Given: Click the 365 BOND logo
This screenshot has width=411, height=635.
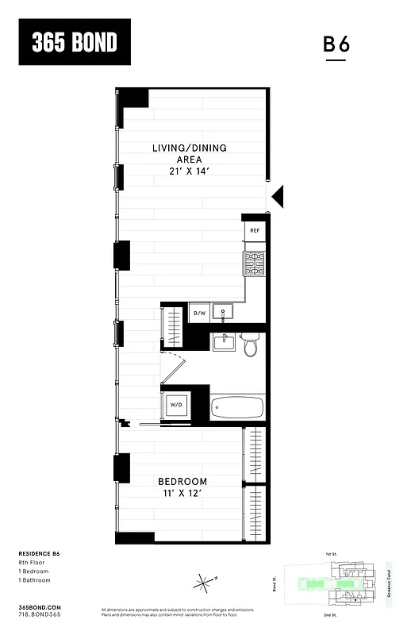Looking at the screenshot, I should [75, 42].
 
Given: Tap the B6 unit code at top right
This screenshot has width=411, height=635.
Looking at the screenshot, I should [336, 44].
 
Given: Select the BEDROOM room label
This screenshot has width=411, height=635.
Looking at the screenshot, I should [182, 482].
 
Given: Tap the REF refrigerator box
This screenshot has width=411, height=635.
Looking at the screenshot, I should [255, 231].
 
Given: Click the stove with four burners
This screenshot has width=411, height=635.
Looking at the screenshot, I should [254, 262].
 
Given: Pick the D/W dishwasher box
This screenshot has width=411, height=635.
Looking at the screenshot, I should [200, 314].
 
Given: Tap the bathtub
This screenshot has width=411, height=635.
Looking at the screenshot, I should [237, 408].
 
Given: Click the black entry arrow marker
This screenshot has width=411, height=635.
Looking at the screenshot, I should [277, 195].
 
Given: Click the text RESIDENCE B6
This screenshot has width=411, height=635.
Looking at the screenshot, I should [39, 552].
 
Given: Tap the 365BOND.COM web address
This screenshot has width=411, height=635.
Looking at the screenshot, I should [39, 606].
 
